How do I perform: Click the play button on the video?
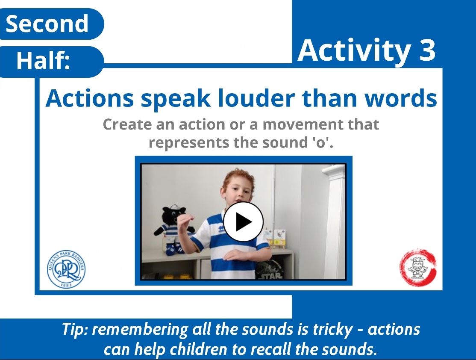tap(244, 222)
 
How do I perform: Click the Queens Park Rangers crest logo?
tap(66, 269)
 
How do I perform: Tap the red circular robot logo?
tap(418, 268)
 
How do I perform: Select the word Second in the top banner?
tap(47, 24)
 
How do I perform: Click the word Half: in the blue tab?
tap(43, 61)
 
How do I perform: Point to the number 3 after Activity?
tap(425, 50)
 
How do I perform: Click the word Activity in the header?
tap(353, 50)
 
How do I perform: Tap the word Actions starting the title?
tap(90, 99)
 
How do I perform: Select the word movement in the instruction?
tap(295, 124)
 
